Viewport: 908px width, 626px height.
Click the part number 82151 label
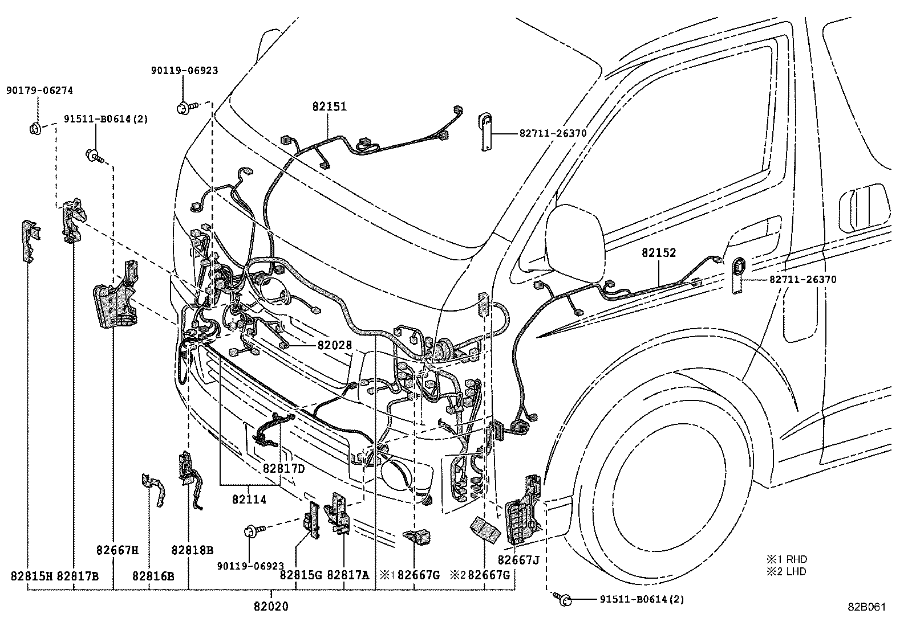[329, 107]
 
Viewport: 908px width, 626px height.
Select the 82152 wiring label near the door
[658, 253]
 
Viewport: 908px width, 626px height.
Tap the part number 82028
[335, 345]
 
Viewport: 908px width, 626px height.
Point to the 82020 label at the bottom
[271, 607]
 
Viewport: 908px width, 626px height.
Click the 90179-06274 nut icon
[34, 128]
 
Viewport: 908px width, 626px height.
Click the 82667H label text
[117, 550]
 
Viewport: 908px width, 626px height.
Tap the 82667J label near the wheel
[518, 559]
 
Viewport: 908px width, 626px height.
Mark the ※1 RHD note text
[787, 559]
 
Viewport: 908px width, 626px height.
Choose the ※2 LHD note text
[787, 571]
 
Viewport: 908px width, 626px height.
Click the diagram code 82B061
[866, 607]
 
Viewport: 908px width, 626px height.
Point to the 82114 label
[249, 499]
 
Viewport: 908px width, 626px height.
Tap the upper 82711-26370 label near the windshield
[553, 133]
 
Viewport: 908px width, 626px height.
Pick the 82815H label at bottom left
[31, 576]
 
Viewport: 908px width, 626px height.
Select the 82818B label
[192, 550]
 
